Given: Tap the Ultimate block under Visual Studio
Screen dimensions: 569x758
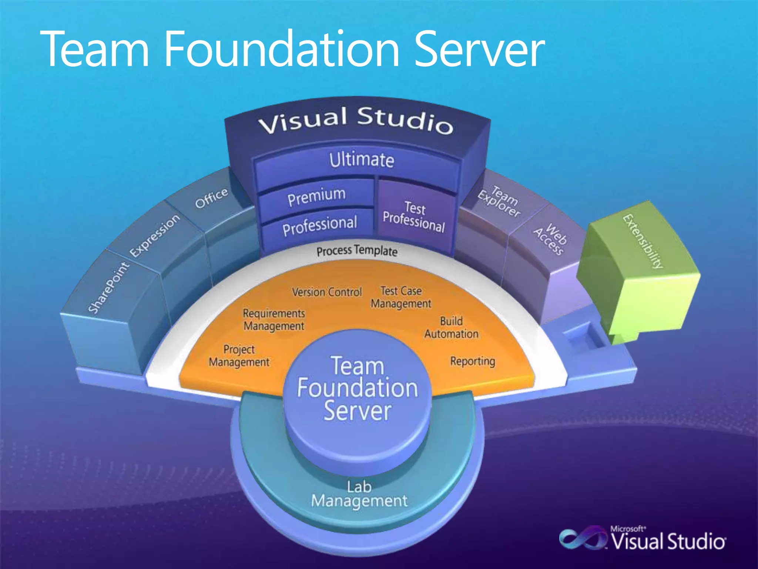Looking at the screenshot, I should tap(362, 160).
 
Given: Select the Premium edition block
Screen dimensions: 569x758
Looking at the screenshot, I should tap(316, 196).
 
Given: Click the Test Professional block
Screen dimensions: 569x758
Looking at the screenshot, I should tap(414, 216).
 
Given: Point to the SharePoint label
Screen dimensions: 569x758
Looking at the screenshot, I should tap(109, 287).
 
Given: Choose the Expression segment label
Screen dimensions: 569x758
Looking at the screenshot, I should tap(155, 236).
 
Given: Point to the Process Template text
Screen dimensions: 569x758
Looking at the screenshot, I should tap(357, 251).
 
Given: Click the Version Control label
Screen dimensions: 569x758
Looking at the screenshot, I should tap(327, 292).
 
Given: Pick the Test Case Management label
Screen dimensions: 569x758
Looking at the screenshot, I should tap(401, 297).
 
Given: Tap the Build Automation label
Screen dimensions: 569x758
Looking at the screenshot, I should tap(451, 327).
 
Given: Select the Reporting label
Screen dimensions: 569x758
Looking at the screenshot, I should tap(473, 361).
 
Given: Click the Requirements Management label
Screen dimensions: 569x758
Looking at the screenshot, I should tap(274, 320).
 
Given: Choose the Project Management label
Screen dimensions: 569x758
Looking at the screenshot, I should tap(239, 356).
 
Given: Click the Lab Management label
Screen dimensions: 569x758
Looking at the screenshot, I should tap(359, 494).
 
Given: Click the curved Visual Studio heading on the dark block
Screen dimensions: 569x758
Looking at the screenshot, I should tap(355, 120).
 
